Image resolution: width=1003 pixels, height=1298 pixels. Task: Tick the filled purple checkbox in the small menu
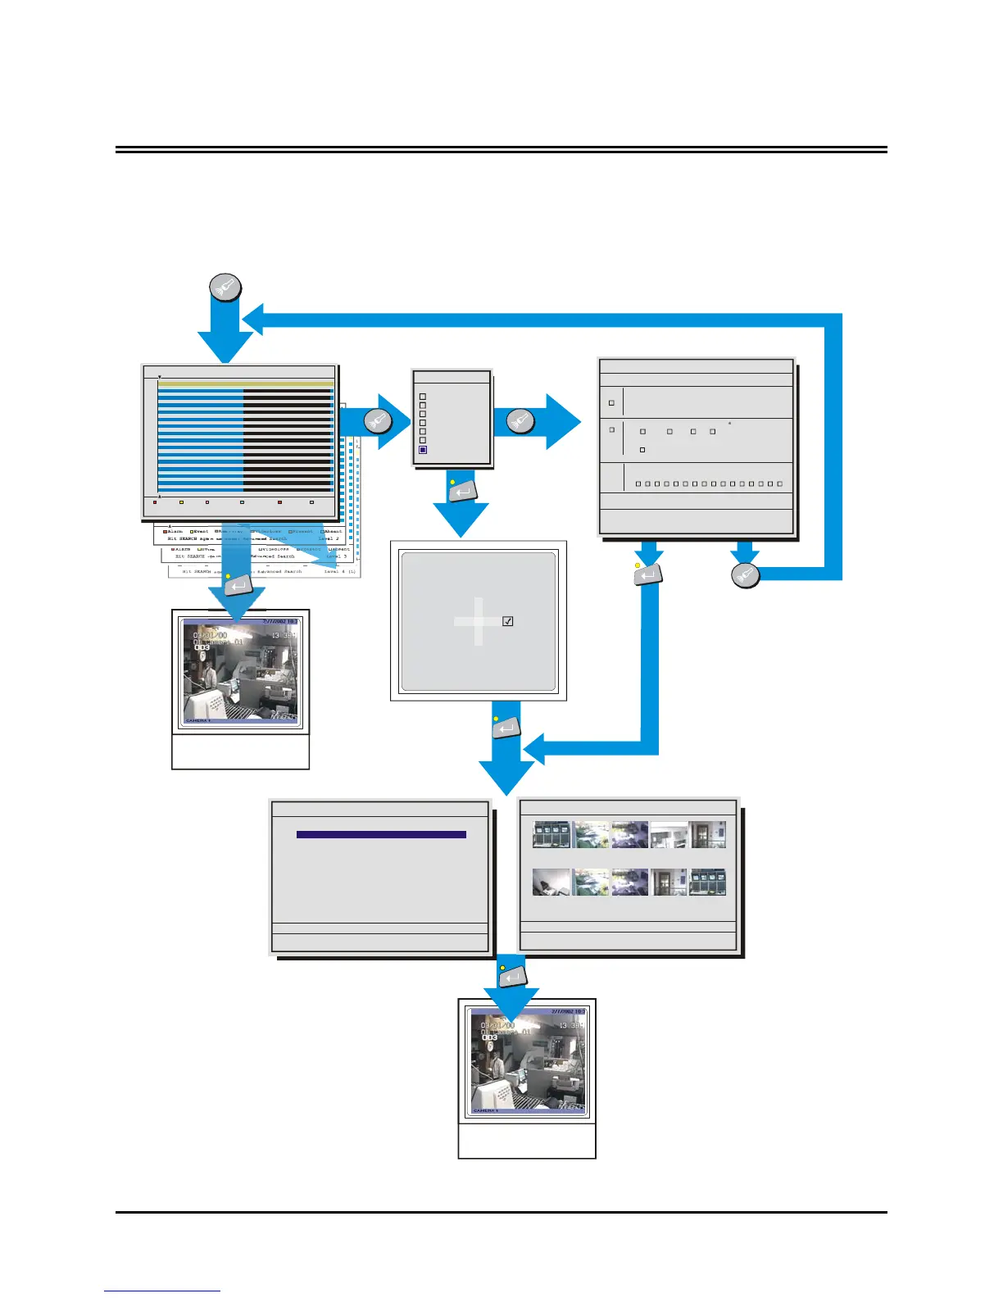(x=423, y=450)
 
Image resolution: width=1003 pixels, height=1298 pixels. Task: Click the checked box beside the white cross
(x=508, y=621)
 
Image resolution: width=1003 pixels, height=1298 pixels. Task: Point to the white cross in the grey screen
(x=478, y=621)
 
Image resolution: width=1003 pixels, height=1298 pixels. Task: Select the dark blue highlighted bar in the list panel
(x=381, y=834)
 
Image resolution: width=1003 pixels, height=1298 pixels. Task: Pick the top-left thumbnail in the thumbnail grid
(x=551, y=834)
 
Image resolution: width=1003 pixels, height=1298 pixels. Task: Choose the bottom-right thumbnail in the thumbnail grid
(x=707, y=882)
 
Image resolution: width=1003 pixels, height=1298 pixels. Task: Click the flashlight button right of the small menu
(x=520, y=420)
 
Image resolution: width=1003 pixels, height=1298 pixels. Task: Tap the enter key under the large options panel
(x=648, y=575)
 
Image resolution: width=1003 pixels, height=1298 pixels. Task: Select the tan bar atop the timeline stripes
(x=245, y=383)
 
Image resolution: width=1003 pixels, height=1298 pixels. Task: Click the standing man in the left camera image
(x=210, y=674)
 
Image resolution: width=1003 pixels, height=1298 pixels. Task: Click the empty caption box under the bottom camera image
(x=527, y=1141)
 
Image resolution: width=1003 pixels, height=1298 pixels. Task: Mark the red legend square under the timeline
(x=155, y=502)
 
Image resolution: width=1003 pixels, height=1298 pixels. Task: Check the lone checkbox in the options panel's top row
(x=611, y=403)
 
